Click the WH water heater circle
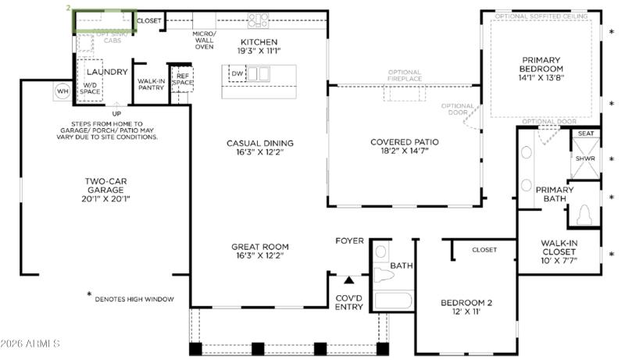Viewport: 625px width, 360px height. pos(62,91)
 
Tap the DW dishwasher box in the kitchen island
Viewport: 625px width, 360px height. pos(237,73)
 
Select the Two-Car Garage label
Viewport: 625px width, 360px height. pos(107,190)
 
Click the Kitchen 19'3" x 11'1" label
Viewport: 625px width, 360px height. pos(259,46)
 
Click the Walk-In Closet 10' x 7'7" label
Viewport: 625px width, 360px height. pos(559,251)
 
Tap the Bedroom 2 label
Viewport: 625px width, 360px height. pos(466,307)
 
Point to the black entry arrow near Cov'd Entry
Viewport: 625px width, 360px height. pos(349,278)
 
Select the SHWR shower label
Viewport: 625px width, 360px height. pos(585,159)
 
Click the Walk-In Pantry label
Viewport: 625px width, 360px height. pos(151,84)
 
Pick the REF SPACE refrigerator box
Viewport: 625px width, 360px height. pos(182,79)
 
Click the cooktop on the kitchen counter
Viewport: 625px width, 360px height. pos(259,21)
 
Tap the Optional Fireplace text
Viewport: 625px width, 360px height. pos(405,76)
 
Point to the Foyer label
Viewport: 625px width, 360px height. pos(349,241)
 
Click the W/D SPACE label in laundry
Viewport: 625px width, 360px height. pos(91,88)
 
